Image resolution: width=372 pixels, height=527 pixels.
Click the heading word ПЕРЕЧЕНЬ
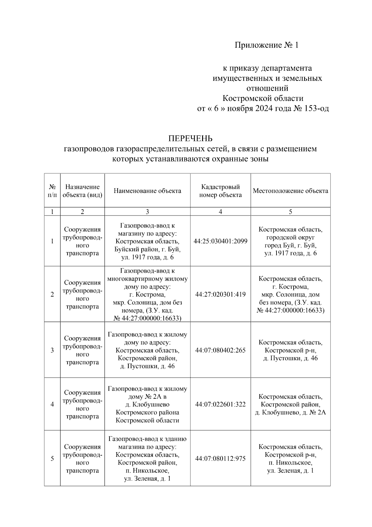pyautogui.click(x=190, y=138)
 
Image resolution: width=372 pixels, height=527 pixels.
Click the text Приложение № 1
pyautogui.click(x=266, y=45)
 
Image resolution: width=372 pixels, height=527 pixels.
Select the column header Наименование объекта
pyautogui.click(x=147, y=191)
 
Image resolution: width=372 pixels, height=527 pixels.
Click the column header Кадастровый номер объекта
pyautogui.click(x=220, y=191)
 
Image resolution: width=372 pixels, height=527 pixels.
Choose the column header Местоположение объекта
pyautogui.click(x=290, y=191)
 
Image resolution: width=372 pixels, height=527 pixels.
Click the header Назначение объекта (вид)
pyautogui.click(x=82, y=191)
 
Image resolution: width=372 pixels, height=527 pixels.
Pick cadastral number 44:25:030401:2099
pyautogui.click(x=220, y=241)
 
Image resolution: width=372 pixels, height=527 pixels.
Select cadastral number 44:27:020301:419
pyautogui.click(x=220, y=294)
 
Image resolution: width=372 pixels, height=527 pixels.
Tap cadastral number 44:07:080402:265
pyautogui.click(x=220, y=350)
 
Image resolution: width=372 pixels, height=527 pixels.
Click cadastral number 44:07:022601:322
pyautogui.click(x=220, y=404)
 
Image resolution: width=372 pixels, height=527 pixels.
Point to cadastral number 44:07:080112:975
pyautogui.click(x=220, y=459)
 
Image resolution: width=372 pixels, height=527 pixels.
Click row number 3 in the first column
pyautogui.click(x=52, y=350)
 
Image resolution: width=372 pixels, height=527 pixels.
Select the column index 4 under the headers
pyautogui.click(x=220, y=212)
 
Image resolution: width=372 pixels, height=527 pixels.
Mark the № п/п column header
pyautogui.click(x=52, y=191)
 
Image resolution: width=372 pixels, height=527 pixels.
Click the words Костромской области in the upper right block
pyautogui.click(x=263, y=98)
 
